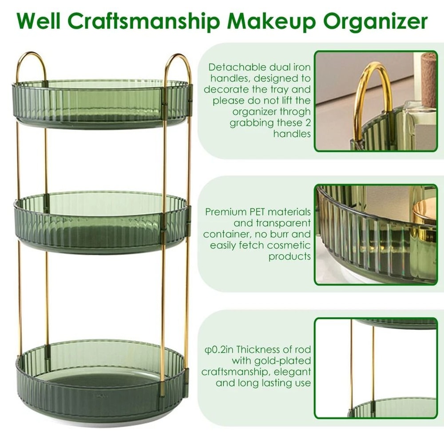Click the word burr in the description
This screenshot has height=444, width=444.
pyautogui.click(x=289, y=234)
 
